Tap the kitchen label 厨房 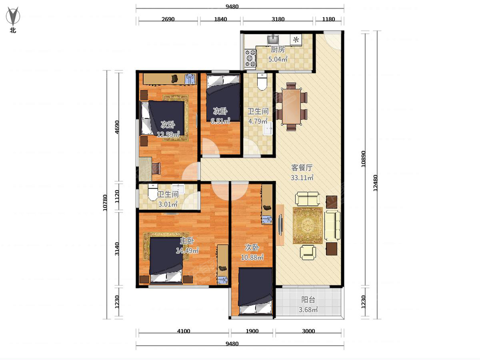click(278, 50)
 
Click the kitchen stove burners click(251, 57)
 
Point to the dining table click(291, 106)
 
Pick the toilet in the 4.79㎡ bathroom click(262, 82)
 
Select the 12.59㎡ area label click(168, 135)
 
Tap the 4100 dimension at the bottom click(184, 331)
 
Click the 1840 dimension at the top click(220, 19)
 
